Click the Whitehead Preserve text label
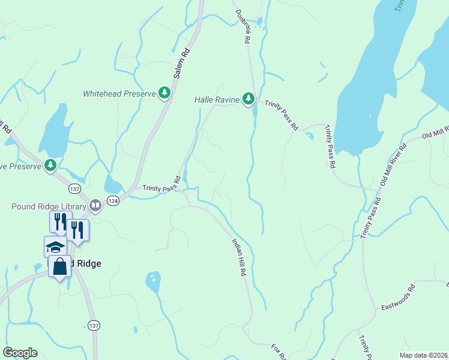click(119, 94)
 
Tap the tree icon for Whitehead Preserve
click(164, 93)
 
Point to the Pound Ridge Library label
click(49, 206)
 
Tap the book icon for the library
click(95, 206)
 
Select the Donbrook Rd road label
click(242, 27)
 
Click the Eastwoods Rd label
click(399, 298)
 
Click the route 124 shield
click(113, 200)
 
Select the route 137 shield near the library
click(74, 188)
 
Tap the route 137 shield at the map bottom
click(93, 325)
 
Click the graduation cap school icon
click(55, 247)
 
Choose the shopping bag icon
click(60, 266)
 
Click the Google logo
click(20, 353)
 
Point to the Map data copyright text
click(423, 355)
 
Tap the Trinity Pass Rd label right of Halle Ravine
click(282, 115)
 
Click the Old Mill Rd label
click(435, 134)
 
